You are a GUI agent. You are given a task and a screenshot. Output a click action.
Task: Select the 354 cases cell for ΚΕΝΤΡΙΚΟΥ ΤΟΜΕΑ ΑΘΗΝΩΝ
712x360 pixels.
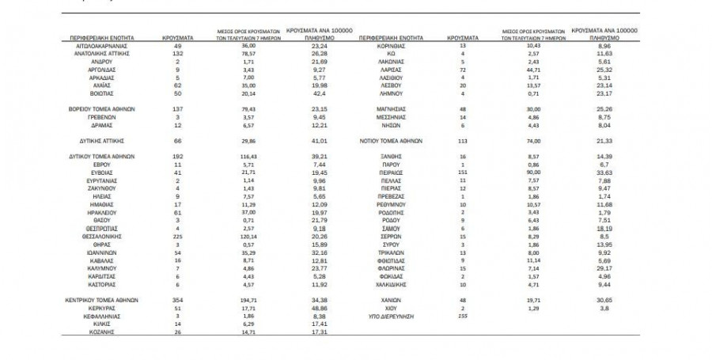(178, 301)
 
